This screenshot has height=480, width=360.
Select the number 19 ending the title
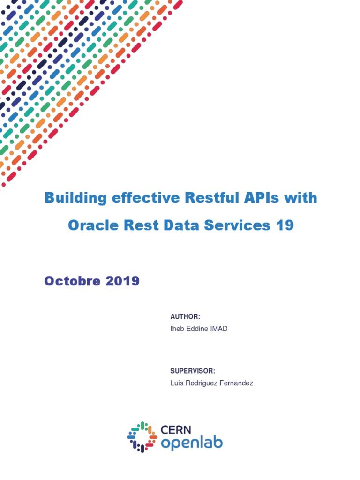285,225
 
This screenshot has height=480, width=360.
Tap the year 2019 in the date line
122,281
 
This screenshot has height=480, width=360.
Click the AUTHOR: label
185,317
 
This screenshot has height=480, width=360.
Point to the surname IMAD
218,329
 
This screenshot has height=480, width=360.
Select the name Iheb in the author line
177,329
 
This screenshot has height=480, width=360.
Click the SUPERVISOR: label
193,371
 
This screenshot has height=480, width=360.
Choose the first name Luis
177,383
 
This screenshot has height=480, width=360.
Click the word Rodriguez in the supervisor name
202,383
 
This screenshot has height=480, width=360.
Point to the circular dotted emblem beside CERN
142,437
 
